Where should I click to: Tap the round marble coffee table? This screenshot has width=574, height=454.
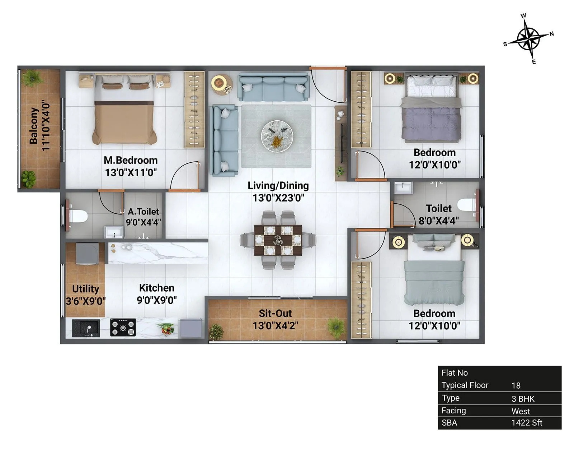point(277,136)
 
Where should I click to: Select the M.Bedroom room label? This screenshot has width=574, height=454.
point(131,160)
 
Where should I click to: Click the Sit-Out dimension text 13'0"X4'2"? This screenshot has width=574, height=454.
point(275,326)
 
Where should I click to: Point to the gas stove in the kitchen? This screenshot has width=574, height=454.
point(123,328)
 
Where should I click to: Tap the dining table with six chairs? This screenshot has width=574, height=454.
point(278,240)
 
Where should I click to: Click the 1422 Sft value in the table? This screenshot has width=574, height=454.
point(527,423)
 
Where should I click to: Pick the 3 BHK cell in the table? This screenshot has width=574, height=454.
point(523,399)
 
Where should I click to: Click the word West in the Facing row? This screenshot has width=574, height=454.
point(521,411)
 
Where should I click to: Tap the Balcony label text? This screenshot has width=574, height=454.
point(34,126)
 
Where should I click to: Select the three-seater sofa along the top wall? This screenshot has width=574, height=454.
point(273,88)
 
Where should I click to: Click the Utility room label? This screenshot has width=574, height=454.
point(85,289)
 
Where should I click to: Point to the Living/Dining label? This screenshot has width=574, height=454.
point(278,186)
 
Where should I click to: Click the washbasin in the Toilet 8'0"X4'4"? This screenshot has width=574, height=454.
point(403,187)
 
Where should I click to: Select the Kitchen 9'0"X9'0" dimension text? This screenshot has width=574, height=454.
point(156,300)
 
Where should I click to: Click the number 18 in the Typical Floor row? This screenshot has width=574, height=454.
point(516,385)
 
